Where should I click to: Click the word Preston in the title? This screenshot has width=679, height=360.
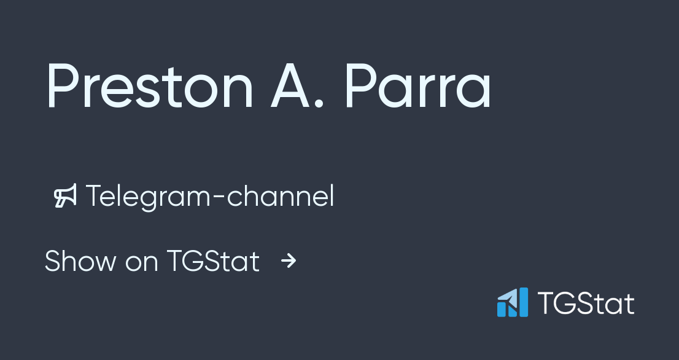(x=149, y=87)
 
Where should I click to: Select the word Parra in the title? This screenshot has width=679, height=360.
(x=417, y=87)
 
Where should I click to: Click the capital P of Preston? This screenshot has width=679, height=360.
(x=63, y=87)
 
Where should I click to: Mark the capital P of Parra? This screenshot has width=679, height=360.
(x=362, y=87)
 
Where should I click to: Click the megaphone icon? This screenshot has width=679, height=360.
(x=66, y=197)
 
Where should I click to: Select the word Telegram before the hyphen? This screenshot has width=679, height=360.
(x=153, y=197)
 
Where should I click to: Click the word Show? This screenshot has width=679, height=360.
(x=80, y=261)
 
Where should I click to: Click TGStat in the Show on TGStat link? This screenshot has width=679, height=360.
(x=213, y=261)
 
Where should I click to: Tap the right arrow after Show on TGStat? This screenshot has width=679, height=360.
(x=289, y=262)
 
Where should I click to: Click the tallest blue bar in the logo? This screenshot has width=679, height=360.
(x=522, y=302)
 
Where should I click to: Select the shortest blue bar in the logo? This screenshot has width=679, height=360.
(x=501, y=308)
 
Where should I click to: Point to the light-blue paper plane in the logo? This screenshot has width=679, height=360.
(x=507, y=298)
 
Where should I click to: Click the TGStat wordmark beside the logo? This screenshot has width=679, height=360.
(x=586, y=303)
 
